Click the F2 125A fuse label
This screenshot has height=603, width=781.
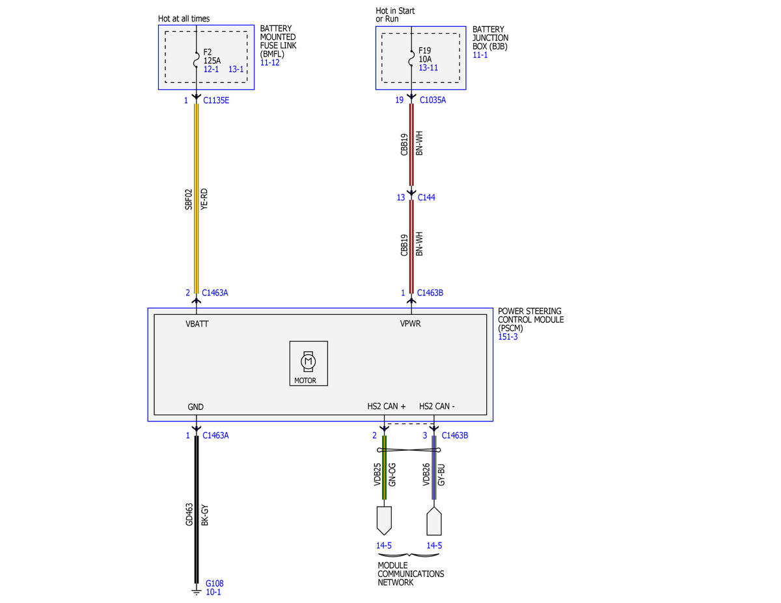pyautogui.click(x=212, y=57)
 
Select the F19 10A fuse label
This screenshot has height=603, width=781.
pyautogui.click(x=425, y=55)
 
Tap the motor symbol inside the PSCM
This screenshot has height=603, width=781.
pyautogui.click(x=308, y=361)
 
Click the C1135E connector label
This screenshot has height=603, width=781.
pyautogui.click(x=216, y=100)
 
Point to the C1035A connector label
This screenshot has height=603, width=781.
pyautogui.click(x=433, y=100)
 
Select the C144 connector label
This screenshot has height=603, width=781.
pyautogui.click(x=426, y=197)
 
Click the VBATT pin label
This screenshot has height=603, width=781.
pyautogui.click(x=197, y=323)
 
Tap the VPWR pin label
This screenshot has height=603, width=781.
pyautogui.click(x=411, y=323)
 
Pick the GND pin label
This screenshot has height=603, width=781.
pyautogui.click(x=195, y=407)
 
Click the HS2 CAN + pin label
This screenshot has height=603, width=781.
pyautogui.click(x=387, y=406)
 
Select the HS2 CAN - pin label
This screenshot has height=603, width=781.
pyautogui.click(x=437, y=406)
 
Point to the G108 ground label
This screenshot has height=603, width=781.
pyautogui.click(x=215, y=583)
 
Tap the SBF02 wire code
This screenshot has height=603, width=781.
pyautogui.click(x=189, y=199)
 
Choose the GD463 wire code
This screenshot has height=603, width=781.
pyautogui.click(x=189, y=515)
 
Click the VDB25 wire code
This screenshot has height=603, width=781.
pyautogui.click(x=377, y=474)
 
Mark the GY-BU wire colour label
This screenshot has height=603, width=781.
pyautogui.click(x=442, y=475)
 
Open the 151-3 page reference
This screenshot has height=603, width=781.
pyautogui.click(x=508, y=336)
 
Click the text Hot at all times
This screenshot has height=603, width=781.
pyautogui.click(x=184, y=18)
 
